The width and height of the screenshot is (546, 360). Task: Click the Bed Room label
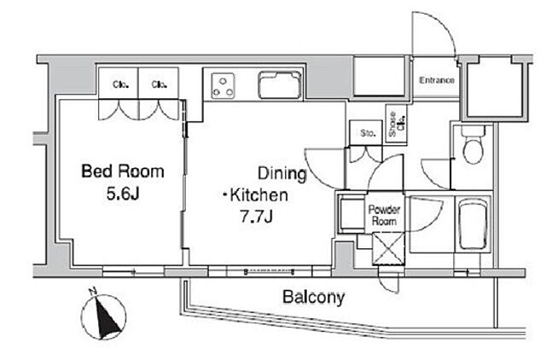tap(123, 171)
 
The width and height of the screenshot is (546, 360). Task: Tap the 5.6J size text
tap(123, 194)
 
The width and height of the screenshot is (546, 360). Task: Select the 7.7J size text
tap(256, 217)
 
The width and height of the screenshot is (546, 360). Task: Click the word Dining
tap(282, 174)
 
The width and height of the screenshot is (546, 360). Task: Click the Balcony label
tap(313, 298)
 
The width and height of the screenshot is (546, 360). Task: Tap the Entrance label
tap(437, 80)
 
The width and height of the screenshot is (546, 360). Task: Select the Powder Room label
tap(384, 216)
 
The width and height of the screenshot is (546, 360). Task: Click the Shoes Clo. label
tap(397, 124)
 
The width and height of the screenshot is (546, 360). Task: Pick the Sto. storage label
tap(368, 133)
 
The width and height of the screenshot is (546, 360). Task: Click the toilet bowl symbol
tap(473, 145)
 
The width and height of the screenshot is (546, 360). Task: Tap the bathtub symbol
tap(473, 224)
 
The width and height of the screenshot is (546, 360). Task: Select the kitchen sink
tap(280, 84)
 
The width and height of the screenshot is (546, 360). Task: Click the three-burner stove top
tap(223, 85)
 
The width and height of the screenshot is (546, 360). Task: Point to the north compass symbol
tap(103, 316)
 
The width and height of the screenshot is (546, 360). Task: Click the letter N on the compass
tap(92, 291)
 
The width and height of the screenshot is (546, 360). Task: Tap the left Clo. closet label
tap(119, 84)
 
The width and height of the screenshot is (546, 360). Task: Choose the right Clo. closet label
tap(159, 84)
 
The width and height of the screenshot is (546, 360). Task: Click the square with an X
tap(388, 248)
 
